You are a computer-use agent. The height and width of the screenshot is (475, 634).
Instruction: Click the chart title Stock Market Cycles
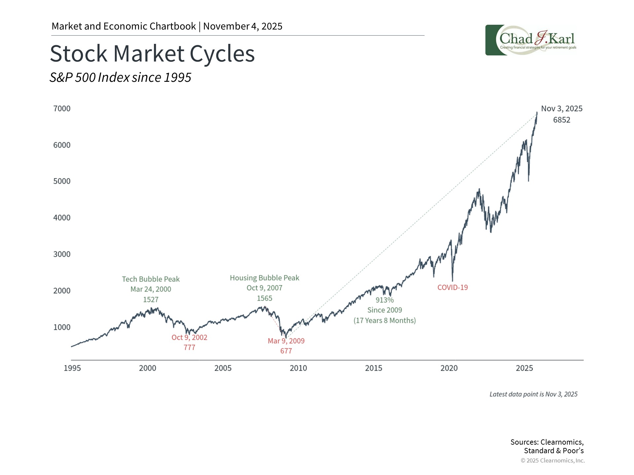coord(152,54)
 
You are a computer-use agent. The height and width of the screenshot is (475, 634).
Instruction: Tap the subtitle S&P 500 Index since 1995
coord(120,78)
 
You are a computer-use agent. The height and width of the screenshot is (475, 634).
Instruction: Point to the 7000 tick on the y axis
coord(62,109)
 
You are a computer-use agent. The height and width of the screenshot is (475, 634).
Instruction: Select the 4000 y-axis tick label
coord(62,218)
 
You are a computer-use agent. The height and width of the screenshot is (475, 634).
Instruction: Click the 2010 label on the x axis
coord(298,368)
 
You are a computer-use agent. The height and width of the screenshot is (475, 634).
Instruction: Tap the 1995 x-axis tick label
coord(72,368)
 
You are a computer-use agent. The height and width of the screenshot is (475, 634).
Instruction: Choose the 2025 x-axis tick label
coord(524,368)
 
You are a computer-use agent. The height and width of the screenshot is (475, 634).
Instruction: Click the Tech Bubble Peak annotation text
coord(151,279)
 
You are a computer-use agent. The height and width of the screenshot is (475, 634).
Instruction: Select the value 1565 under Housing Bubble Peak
coord(264,298)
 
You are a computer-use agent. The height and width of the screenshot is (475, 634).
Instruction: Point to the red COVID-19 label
coord(452,287)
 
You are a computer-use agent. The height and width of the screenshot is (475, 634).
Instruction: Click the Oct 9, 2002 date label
coord(189,337)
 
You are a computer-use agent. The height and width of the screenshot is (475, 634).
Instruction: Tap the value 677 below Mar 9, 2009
coord(286,351)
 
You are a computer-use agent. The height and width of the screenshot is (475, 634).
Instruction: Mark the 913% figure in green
coord(385,300)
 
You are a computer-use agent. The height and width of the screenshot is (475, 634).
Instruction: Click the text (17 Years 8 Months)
coord(385,321)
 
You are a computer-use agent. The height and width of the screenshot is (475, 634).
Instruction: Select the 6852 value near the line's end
coord(561,120)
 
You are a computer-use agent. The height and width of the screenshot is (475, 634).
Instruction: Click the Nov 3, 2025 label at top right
coord(561,109)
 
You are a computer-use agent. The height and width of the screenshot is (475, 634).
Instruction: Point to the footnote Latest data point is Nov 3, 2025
coord(533,394)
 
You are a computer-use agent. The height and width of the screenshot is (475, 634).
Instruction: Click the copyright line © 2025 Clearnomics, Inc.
coord(552,460)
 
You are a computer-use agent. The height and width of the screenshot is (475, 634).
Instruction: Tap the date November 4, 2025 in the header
coord(243,26)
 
